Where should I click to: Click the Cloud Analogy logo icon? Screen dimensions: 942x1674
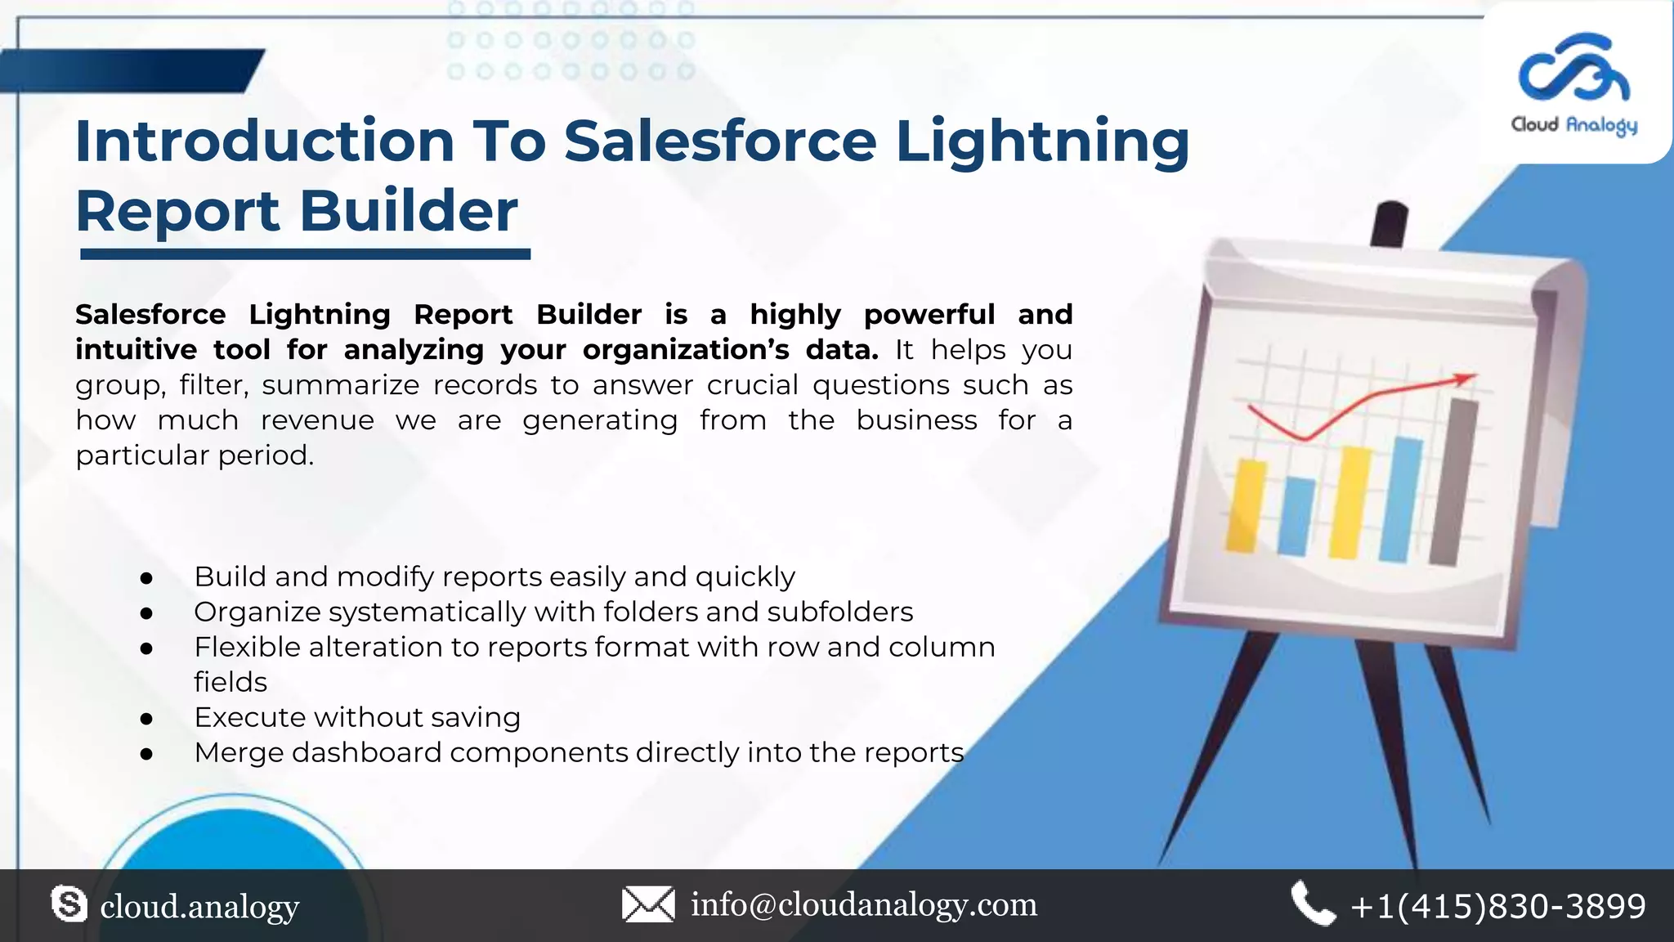[1573, 69]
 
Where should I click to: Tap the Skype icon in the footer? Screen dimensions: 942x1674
[69, 904]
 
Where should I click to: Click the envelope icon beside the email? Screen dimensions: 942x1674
[648, 904]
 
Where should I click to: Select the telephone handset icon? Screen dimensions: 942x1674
[1313, 904]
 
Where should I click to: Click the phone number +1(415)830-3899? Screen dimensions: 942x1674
[1498, 906]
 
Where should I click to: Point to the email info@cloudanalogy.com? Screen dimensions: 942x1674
[864, 904]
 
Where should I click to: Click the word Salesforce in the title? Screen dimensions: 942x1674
[720, 141]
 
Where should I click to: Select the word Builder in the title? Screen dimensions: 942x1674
[409, 211]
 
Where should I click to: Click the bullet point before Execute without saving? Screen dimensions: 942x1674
[147, 719]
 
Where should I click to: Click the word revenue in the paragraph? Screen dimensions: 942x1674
[317, 420]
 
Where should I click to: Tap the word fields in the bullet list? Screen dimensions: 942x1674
[231, 682]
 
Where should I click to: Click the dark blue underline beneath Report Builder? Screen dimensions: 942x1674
[305, 255]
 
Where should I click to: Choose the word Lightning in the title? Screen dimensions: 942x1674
[1042, 141]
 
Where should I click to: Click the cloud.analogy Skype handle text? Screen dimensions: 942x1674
[199, 906]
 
